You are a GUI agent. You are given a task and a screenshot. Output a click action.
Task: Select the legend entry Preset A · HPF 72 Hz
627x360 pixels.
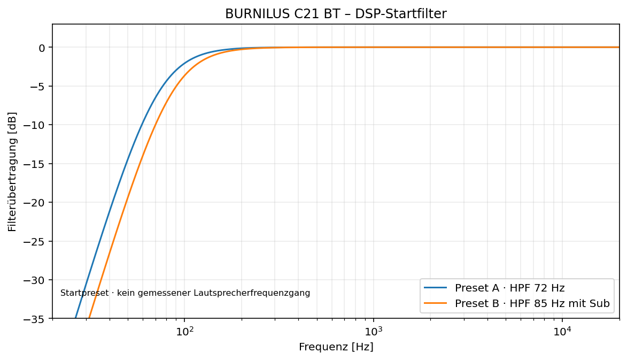coord(509,288)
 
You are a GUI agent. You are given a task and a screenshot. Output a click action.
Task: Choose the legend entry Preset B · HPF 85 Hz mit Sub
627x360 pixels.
coord(532,304)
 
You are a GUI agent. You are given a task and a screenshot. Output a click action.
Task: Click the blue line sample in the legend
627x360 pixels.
coord(435,288)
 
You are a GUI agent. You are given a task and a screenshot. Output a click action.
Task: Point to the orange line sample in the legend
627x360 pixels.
coord(435,304)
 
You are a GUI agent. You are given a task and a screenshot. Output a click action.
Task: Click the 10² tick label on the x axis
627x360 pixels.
coord(184,331)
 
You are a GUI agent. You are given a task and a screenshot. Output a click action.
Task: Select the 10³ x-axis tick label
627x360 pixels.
coord(374,331)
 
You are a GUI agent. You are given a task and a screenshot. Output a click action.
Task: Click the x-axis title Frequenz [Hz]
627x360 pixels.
coord(336,347)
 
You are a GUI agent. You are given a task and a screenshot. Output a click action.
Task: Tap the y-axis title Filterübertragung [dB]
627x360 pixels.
coord(12,172)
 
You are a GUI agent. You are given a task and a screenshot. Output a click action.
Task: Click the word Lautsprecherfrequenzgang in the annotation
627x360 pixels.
coord(252,293)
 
